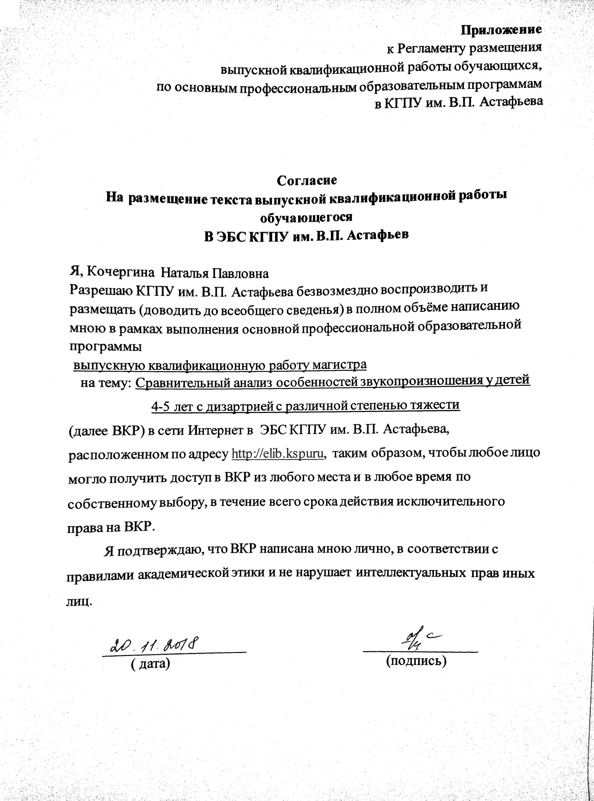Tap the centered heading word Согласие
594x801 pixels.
click(x=307, y=180)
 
